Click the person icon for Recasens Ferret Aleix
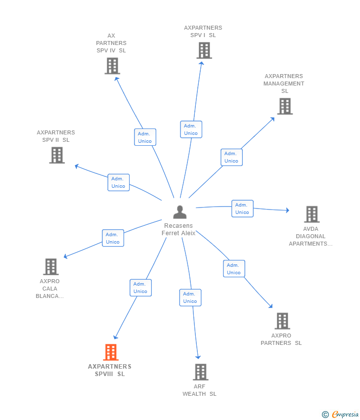180,212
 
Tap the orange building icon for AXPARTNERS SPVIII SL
111,352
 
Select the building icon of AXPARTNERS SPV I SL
204,50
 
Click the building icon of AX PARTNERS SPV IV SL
112,66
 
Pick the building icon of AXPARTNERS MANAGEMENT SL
284,106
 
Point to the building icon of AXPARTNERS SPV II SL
57,155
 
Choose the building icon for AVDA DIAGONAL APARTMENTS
312,214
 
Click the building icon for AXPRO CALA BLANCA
51,267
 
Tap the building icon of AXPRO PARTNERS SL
282,321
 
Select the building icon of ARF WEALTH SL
200,372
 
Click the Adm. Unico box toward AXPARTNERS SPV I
191,129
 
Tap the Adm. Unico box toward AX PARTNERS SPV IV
145,137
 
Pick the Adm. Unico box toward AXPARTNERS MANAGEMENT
231,157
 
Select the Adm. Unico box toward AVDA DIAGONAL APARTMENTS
242,209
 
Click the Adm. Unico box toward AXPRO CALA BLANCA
113,238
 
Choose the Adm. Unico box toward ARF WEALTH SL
190,297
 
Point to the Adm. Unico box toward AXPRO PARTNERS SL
234,269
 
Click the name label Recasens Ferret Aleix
179,230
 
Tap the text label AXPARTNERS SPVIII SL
110,370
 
